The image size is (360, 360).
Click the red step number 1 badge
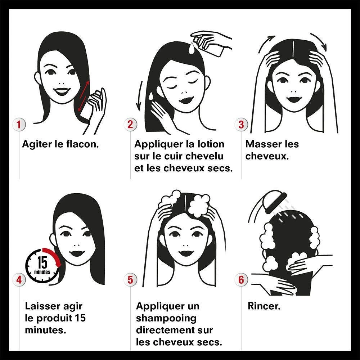19,125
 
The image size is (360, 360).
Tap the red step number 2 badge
130,125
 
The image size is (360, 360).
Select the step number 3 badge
241,125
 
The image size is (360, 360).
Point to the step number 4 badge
19,280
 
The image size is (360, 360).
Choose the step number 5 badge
130,280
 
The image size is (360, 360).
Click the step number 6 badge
241,280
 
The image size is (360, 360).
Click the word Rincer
264,306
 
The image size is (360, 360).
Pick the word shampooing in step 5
166,319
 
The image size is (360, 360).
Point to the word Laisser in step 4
43,306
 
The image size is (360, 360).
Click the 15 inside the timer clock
42,262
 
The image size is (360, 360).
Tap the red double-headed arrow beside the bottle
84,96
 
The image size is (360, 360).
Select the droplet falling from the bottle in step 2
191,49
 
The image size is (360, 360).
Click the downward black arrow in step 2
139,95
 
